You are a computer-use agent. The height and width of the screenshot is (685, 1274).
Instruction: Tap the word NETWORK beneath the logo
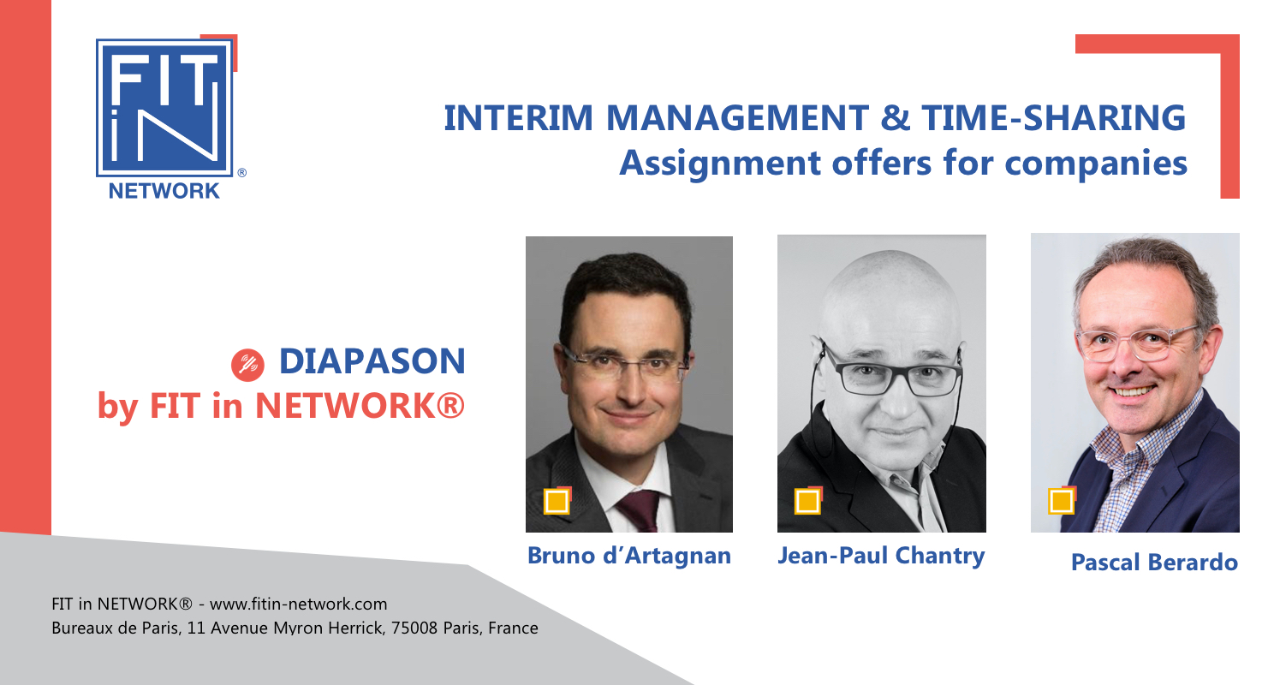tap(164, 191)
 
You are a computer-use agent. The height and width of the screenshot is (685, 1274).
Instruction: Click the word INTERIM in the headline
tap(518, 118)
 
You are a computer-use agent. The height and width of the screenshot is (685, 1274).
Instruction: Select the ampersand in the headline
tap(896, 118)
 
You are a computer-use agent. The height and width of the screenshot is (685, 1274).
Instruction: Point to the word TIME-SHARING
tap(1054, 118)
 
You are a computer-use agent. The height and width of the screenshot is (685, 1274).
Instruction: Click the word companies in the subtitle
tap(1096, 164)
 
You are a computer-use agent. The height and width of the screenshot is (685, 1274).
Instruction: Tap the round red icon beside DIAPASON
tap(247, 365)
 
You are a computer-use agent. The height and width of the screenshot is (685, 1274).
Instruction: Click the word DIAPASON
tap(372, 361)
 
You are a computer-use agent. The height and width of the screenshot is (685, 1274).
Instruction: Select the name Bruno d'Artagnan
tap(629, 556)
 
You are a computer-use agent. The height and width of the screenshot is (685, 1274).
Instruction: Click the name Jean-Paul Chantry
tap(881, 556)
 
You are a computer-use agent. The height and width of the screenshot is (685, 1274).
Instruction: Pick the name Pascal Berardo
tap(1154, 562)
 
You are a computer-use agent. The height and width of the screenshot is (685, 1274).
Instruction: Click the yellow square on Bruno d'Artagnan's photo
tap(557, 501)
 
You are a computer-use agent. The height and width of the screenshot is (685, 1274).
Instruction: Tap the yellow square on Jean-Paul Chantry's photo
tap(807, 501)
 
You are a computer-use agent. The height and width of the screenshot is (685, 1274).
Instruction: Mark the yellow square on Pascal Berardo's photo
tap(1062, 501)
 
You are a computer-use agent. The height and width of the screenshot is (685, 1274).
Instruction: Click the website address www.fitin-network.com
tap(299, 604)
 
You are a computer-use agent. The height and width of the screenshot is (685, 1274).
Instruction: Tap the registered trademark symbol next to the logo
tap(241, 172)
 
